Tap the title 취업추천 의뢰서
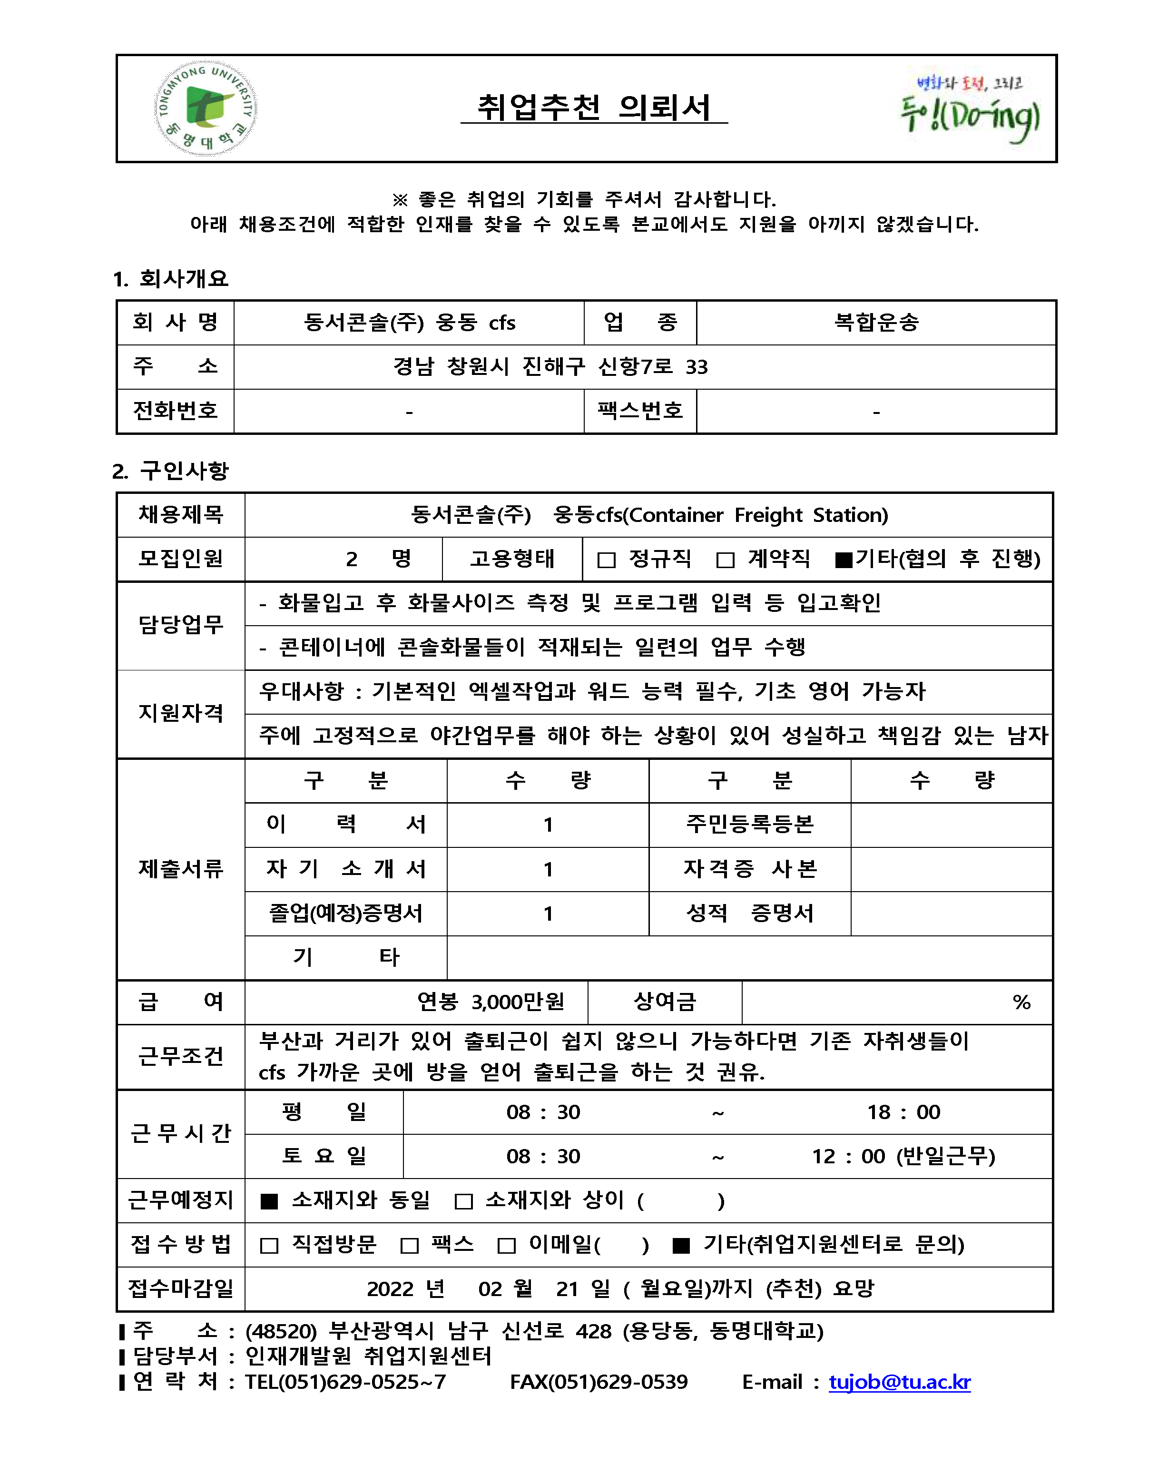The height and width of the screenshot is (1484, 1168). coord(594,108)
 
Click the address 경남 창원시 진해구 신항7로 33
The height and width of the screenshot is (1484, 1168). coord(550,366)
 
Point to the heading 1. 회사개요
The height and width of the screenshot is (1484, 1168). coord(171,278)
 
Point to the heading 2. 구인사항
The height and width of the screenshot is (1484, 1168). coord(171,471)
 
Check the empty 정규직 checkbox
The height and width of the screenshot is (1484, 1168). coord(606,560)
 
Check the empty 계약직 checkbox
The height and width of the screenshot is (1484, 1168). coord(725,560)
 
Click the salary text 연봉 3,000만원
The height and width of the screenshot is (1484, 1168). coord(491,1002)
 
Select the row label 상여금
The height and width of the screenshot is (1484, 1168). coord(665,1002)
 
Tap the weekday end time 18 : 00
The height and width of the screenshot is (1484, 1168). coord(903,1112)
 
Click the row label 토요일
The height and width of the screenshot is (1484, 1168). coord(324,1156)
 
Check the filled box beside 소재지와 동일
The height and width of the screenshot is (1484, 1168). coord(269,1201)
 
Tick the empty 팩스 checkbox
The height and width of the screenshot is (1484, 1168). coord(409,1245)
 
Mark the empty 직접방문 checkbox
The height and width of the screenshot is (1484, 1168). coord(269,1245)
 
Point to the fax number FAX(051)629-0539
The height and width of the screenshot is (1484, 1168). coord(599,1381)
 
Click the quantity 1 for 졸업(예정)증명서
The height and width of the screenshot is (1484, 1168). coord(548,914)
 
